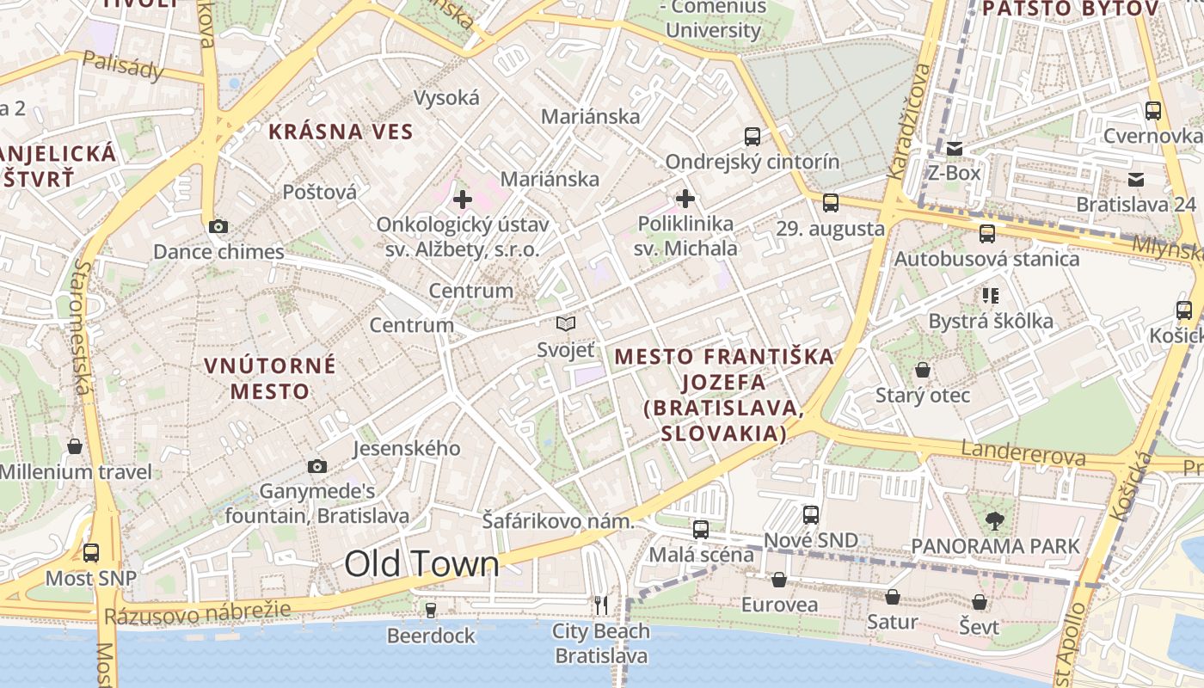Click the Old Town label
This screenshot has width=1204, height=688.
(421, 564)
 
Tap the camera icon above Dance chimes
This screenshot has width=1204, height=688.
(218, 226)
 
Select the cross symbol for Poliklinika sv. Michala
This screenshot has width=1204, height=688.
(685, 200)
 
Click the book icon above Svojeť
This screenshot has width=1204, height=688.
(565, 323)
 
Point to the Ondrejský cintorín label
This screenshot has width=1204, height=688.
(752, 162)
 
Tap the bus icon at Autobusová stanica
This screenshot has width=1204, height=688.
(986, 233)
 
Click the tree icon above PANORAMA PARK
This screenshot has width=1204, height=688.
(995, 520)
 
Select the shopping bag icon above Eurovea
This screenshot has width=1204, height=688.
(778, 580)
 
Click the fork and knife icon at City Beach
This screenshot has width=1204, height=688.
(601, 605)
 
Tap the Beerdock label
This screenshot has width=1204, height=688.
(431, 636)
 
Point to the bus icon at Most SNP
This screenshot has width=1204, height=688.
(91, 553)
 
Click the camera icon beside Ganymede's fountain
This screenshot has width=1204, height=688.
(317, 466)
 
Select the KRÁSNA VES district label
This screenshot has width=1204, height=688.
(341, 132)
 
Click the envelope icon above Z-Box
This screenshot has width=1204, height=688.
(954, 148)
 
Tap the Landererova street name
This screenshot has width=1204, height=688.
(1023, 453)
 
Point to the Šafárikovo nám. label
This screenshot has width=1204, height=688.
(557, 521)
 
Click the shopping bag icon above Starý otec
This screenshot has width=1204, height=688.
(922, 370)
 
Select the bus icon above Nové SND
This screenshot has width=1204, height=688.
(811, 514)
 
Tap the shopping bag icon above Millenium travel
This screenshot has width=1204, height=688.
(75, 446)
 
